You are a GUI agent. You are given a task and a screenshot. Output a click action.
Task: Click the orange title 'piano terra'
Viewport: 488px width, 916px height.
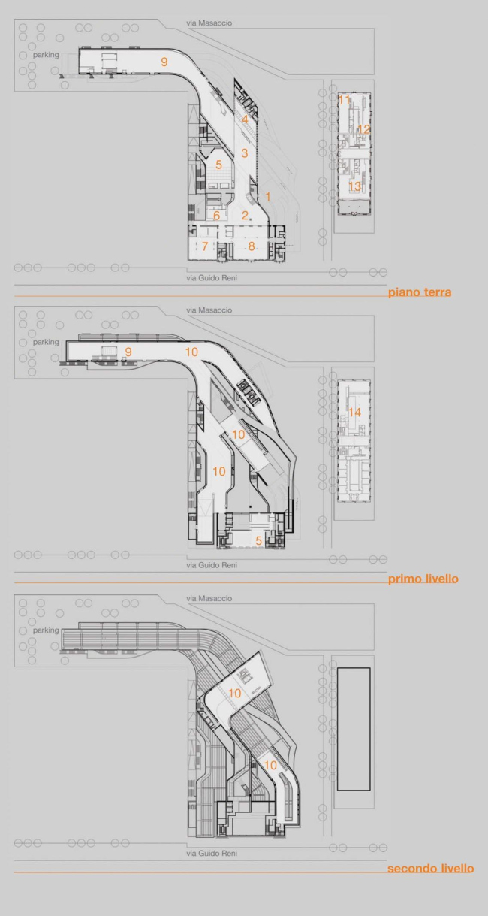[420, 292]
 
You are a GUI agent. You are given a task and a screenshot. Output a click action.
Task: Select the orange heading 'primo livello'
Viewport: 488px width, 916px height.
[423, 579]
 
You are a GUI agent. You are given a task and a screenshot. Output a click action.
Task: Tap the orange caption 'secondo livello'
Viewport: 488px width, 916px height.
[430, 869]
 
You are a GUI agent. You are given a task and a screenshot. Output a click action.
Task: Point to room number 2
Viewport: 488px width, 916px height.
[245, 216]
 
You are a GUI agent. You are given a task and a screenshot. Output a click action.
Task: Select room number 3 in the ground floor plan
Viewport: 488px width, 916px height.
[245, 153]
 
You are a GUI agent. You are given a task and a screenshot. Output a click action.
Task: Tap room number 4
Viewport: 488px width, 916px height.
[245, 119]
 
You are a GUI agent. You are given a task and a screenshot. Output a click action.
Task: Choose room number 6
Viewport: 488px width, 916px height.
[216, 216]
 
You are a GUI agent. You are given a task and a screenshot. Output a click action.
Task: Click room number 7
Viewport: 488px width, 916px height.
[205, 246]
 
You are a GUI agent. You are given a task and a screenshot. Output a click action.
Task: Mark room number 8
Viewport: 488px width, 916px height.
[252, 246]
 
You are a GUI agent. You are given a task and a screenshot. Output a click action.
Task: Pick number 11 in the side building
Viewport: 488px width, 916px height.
[345, 100]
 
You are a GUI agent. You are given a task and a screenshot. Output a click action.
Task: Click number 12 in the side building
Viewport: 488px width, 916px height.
[364, 129]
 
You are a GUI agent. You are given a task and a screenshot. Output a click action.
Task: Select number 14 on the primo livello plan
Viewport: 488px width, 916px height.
[354, 412]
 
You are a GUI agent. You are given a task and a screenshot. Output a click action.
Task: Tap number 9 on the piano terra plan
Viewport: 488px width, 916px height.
[164, 62]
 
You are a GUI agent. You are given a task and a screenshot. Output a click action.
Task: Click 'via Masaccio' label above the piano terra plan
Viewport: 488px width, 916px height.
[209, 23]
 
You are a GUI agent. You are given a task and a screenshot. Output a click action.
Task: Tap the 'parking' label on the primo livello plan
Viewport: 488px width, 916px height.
[46, 342]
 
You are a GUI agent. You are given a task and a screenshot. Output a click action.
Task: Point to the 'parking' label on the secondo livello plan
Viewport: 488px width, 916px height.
[46, 630]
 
